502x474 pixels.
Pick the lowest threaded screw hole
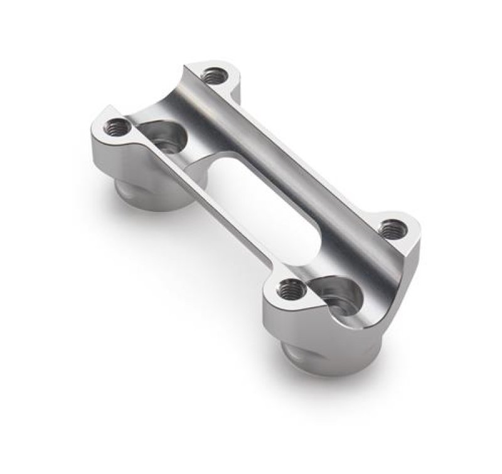click(x=290, y=289)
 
